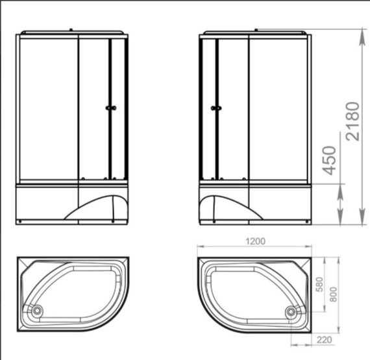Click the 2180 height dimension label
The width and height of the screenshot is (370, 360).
(x=352, y=121)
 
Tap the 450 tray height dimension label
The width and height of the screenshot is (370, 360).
(x=329, y=161)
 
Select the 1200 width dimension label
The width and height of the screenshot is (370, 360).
(x=255, y=241)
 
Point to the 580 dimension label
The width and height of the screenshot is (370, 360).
(x=319, y=284)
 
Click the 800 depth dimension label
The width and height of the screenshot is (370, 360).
(x=333, y=294)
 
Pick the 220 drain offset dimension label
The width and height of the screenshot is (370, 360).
(x=324, y=340)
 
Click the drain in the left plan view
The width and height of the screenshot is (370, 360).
(x=37, y=310)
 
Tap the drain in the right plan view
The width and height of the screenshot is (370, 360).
(x=291, y=311)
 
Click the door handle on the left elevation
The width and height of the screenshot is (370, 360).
(x=111, y=108)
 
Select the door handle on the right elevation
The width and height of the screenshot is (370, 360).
(x=216, y=108)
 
